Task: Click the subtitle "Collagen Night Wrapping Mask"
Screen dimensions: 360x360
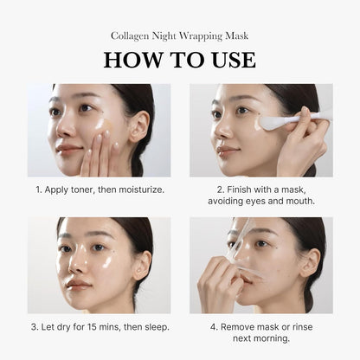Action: tap(179, 35)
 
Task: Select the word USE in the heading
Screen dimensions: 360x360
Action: tap(230, 60)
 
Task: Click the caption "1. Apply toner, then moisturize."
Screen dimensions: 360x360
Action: tap(99, 189)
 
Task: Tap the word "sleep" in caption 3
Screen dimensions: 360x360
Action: tap(150, 326)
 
